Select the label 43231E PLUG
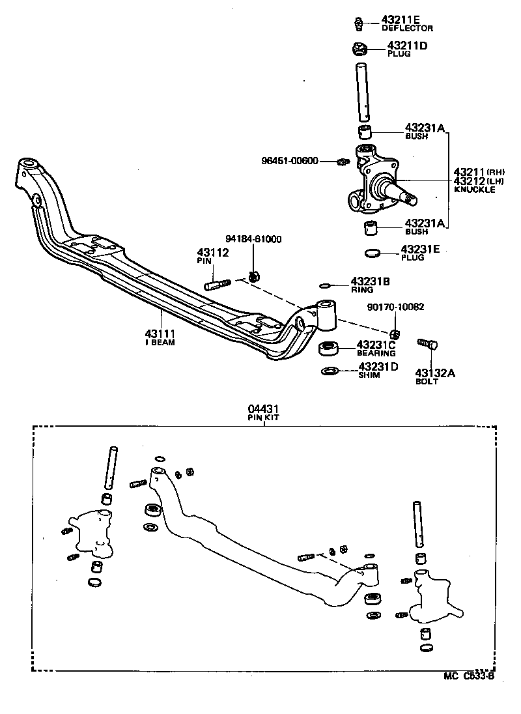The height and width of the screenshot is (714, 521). point(421,253)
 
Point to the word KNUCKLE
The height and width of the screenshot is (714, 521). point(474,190)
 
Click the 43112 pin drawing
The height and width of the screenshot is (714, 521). point(218,285)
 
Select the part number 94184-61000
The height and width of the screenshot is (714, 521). point(253,239)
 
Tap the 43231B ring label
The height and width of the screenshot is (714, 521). point(370,285)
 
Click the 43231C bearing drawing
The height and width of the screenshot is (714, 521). point(330,348)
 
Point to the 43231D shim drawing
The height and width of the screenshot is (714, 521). point(330,371)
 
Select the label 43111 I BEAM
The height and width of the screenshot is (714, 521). point(160,337)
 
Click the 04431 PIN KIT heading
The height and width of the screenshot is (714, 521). point(263,412)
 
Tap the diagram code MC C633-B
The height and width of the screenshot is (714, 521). point(470,676)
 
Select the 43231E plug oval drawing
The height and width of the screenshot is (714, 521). point(371,253)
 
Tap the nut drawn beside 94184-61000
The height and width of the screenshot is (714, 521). point(255,276)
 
